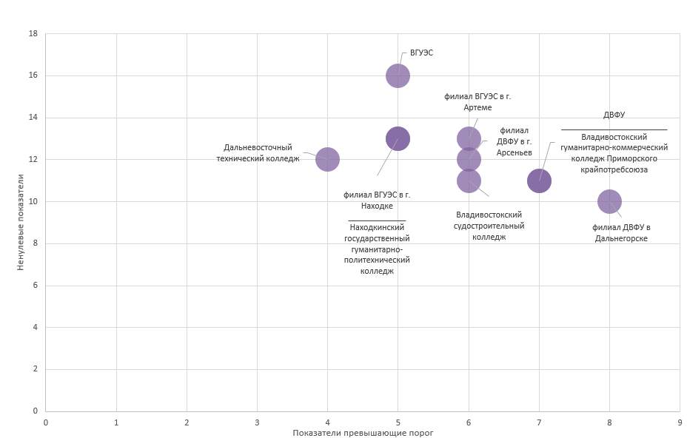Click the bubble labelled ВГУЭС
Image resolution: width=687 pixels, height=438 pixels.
pyautogui.click(x=398, y=75)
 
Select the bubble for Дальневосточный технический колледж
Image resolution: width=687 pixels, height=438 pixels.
pyautogui.click(x=327, y=159)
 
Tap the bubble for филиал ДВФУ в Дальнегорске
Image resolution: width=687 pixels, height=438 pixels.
pyautogui.click(x=609, y=201)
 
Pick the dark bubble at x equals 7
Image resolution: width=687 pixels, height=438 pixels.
pyautogui.click(x=539, y=181)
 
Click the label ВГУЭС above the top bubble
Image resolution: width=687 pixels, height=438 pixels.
pyautogui.click(x=421, y=53)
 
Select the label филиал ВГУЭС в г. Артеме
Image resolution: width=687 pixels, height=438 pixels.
pyautogui.click(x=477, y=102)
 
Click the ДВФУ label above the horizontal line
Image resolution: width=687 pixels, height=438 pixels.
pyautogui.click(x=614, y=115)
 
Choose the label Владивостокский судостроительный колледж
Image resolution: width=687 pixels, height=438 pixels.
pyautogui.click(x=489, y=226)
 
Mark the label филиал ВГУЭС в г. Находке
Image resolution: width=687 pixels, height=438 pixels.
pyautogui.click(x=377, y=201)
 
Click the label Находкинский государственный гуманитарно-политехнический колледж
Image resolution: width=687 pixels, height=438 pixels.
pyautogui.click(x=377, y=249)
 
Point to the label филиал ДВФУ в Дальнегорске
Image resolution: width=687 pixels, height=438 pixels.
pyautogui.click(x=621, y=232)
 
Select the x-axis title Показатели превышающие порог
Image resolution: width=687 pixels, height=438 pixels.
pyautogui.click(x=363, y=432)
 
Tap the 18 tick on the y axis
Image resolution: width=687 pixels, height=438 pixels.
pyautogui.click(x=33, y=34)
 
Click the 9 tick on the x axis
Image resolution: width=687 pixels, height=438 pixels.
pyautogui.click(x=679, y=422)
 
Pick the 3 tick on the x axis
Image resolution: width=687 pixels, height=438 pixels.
pyautogui.click(x=257, y=422)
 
